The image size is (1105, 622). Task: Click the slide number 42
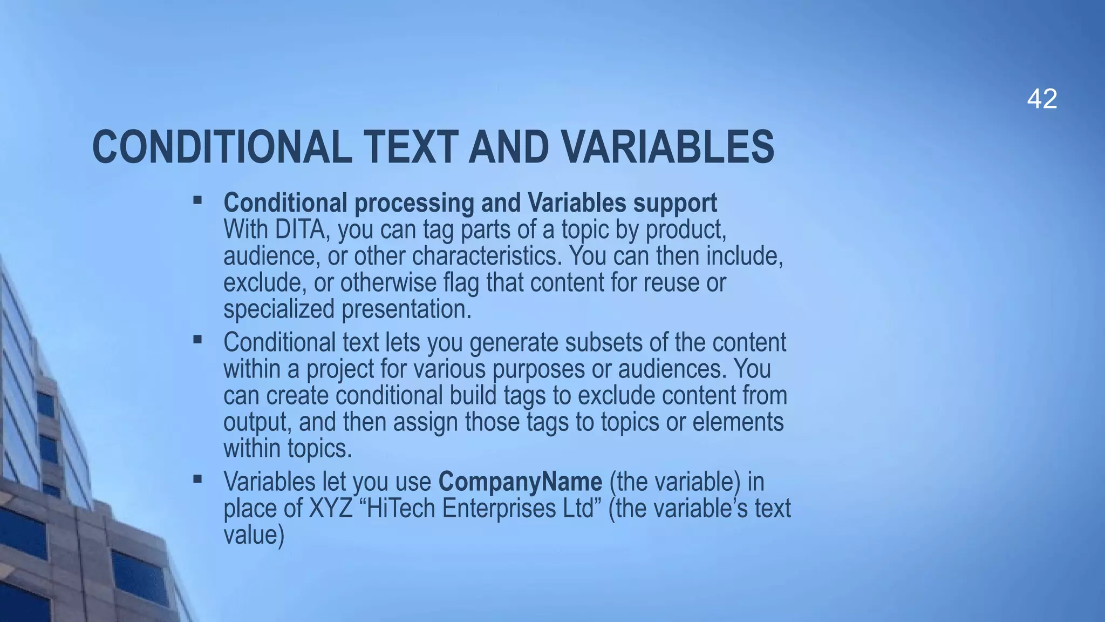[1042, 99]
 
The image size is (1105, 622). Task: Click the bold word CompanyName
[520, 482]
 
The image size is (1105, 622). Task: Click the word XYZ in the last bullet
[330, 508]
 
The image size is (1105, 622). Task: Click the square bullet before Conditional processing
[197, 201]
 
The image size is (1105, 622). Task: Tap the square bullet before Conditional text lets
[197, 340]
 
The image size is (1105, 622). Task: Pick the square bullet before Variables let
[197, 479]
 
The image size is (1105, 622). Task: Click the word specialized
[279, 309]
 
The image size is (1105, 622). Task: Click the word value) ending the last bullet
[254, 535]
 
